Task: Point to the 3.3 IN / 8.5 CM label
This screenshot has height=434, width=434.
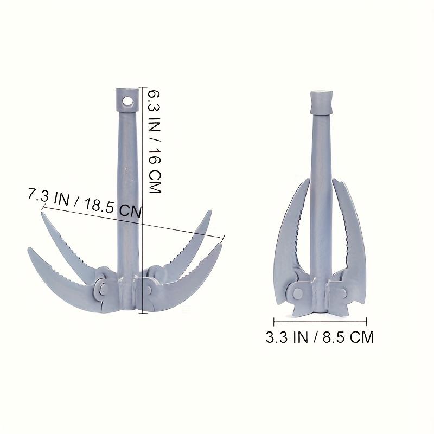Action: coord(320,337)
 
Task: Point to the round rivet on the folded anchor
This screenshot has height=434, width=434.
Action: coord(298,293)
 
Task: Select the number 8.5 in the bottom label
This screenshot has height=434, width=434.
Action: coord(333,337)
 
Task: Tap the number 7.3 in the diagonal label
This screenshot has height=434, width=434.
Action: coord(39,195)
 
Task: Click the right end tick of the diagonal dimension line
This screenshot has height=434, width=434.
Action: coord(223,237)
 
